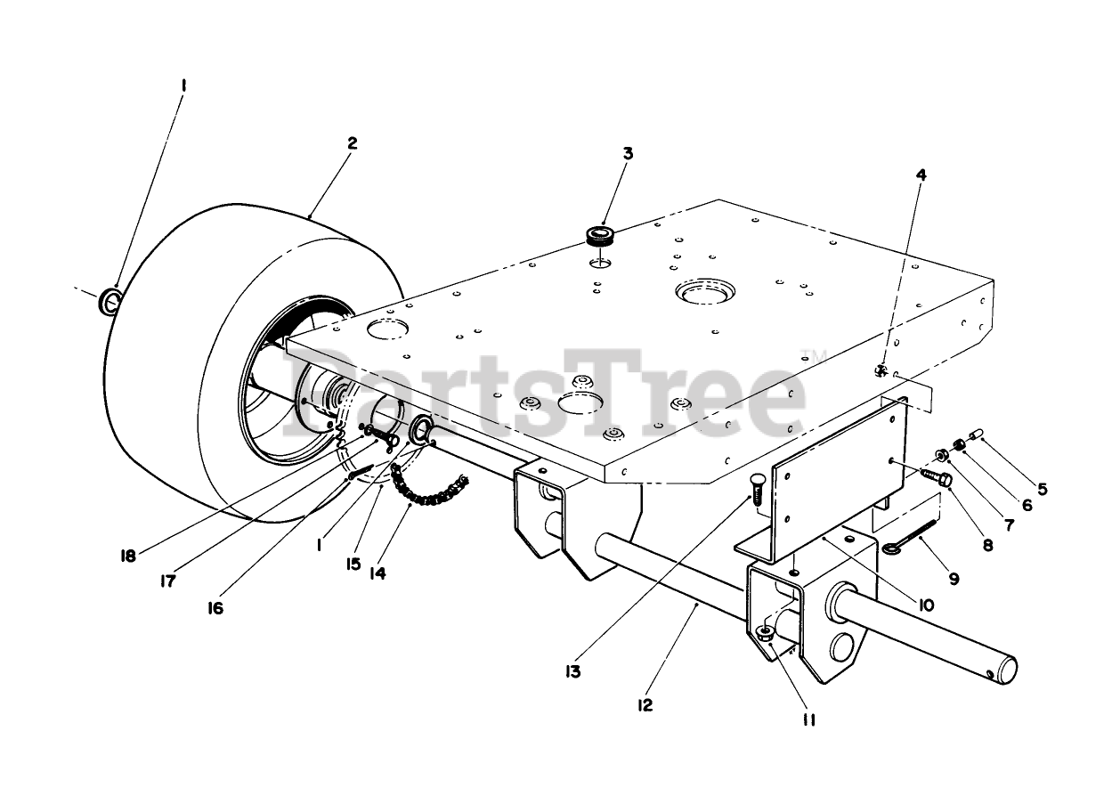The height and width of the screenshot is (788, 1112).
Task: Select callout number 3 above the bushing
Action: tap(628, 153)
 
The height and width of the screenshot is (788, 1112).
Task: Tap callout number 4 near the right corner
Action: tap(921, 175)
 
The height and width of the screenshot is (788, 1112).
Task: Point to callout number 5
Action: tap(1042, 488)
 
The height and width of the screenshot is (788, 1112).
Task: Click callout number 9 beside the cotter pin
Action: tap(954, 579)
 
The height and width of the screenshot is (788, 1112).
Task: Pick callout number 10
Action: tap(926, 605)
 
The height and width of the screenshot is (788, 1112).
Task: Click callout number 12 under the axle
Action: tap(645, 705)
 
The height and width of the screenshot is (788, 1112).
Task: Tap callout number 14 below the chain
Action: tap(377, 574)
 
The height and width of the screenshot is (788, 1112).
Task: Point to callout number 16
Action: tap(217, 608)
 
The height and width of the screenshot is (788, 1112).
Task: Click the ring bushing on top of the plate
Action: tap(603, 236)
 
